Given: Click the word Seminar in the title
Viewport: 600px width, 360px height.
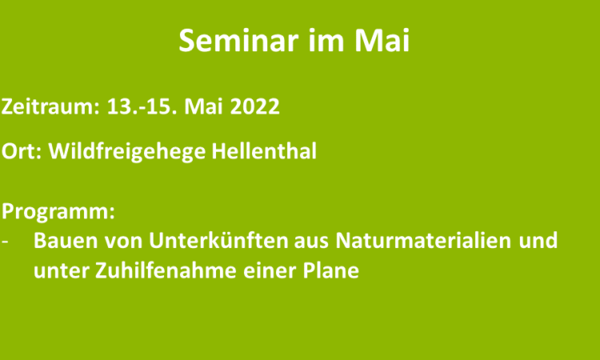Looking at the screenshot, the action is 238,40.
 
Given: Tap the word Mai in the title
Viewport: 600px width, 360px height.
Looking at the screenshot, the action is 382,40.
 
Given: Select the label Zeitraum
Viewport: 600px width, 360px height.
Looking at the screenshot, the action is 50,106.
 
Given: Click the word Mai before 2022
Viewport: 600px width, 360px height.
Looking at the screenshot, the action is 203,106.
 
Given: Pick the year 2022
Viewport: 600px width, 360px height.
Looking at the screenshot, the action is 255,106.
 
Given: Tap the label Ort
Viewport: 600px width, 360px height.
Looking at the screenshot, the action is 22,150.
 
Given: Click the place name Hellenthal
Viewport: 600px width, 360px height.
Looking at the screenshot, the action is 264,150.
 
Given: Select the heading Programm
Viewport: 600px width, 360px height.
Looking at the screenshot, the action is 58,212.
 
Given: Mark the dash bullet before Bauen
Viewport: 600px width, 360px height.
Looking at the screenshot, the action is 5,242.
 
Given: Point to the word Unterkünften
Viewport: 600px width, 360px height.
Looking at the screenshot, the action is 218,241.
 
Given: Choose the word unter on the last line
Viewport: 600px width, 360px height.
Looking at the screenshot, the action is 61,271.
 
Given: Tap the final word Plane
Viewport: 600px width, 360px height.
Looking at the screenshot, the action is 331,271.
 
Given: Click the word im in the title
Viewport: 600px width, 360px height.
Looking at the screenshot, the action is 326,40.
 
